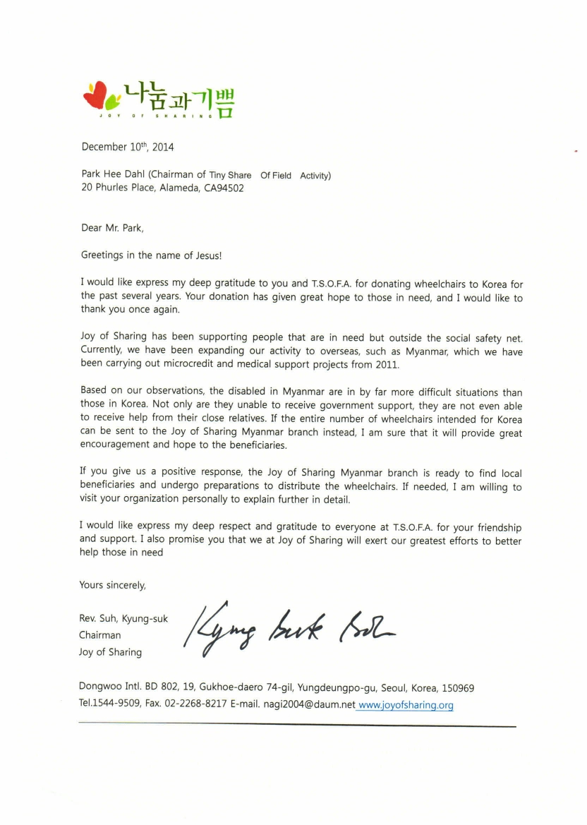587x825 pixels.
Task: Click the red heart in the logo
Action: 94,96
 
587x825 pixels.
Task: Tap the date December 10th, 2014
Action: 126,147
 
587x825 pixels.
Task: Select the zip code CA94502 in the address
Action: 224,188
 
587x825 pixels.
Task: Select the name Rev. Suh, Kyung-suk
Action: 123,619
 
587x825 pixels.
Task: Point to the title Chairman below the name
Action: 99,635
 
